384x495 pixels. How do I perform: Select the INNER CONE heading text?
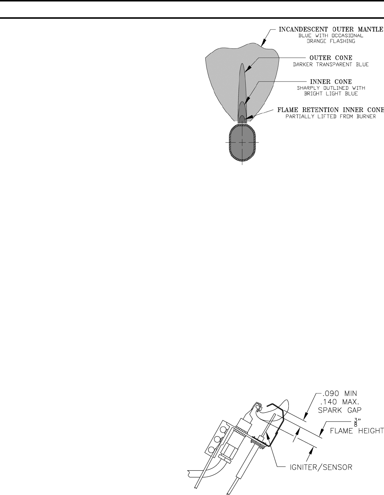click(x=331, y=81)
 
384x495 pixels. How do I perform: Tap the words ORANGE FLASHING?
click(x=331, y=41)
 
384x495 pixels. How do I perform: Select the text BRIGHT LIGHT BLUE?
click(x=331, y=94)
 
